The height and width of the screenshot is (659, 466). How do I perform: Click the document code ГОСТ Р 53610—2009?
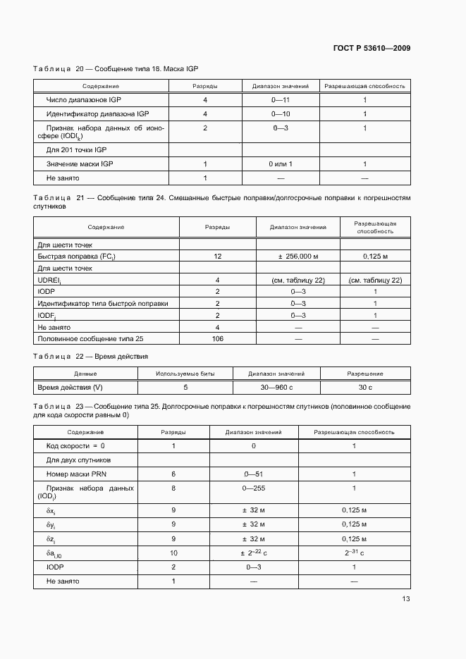pyautogui.click(x=372, y=49)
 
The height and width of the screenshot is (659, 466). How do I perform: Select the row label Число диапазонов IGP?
pyautogui.click(x=87, y=100)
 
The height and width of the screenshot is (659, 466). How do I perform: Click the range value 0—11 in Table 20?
pyautogui.click(x=281, y=100)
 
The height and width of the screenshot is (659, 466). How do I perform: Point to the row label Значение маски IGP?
pyautogui.click(x=80, y=164)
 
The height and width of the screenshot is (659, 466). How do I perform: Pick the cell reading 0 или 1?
pyautogui.click(x=281, y=164)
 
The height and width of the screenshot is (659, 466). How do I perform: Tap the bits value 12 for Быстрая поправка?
pyautogui.click(x=217, y=257)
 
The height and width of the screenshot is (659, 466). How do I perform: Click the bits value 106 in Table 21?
pyautogui.click(x=217, y=339)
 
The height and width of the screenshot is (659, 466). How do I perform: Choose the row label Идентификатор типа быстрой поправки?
pyautogui.click(x=103, y=303)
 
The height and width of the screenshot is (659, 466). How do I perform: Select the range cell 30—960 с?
pyautogui.click(x=276, y=387)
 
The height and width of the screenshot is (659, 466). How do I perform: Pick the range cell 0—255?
pyautogui.click(x=253, y=488)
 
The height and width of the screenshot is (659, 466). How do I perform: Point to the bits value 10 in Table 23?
pyautogui.click(x=173, y=554)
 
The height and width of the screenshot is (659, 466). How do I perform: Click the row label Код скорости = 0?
pyautogui.click(x=75, y=446)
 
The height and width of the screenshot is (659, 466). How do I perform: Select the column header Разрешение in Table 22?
pyautogui.click(x=365, y=374)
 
